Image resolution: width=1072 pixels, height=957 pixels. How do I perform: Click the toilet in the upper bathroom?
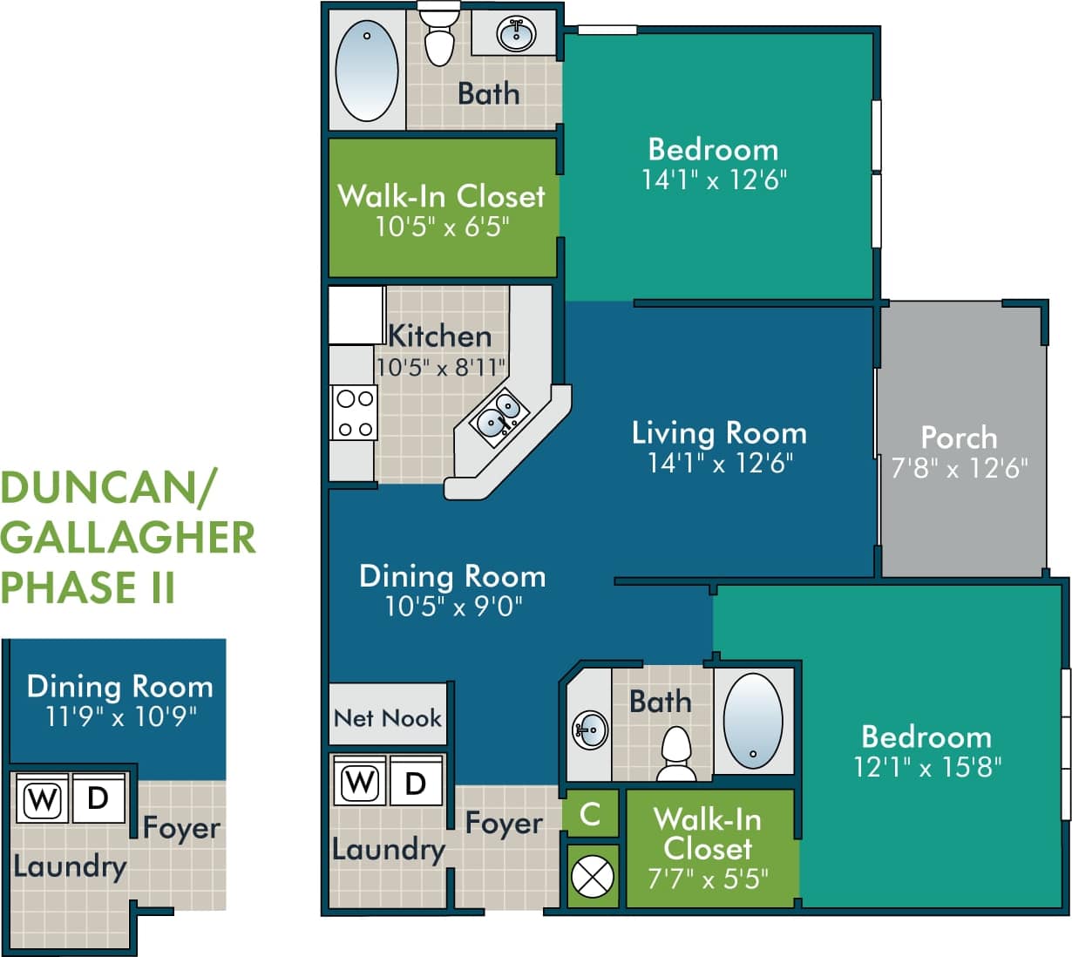pyautogui.click(x=438, y=35)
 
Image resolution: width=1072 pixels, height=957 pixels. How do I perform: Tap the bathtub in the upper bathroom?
pyautogui.click(x=367, y=70)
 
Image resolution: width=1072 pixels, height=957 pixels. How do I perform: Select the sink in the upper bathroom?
pyautogui.click(x=515, y=34)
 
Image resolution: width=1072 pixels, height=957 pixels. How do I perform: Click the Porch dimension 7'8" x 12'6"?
pyautogui.click(x=959, y=469)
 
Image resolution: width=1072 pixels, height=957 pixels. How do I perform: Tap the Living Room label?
pyautogui.click(x=719, y=432)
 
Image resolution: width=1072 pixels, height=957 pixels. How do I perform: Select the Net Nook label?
pyautogui.click(x=388, y=717)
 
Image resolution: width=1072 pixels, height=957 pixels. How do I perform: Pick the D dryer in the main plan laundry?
pyautogui.click(x=416, y=783)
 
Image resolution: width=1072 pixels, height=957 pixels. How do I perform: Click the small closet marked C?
pyautogui.click(x=591, y=814)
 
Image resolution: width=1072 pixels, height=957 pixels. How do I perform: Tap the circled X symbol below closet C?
pyautogui.click(x=592, y=877)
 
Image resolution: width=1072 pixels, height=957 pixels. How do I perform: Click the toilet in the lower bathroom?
pyautogui.click(x=676, y=755)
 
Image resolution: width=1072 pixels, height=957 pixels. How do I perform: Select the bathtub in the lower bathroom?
pyautogui.click(x=753, y=720)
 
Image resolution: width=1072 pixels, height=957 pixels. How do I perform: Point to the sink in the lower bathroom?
pyautogui.click(x=590, y=729)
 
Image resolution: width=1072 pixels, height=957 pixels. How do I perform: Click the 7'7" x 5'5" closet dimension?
pyautogui.click(x=708, y=878)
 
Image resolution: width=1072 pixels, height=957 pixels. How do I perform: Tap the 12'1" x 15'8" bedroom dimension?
pyautogui.click(x=927, y=767)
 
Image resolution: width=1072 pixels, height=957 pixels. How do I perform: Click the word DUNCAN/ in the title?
pyautogui.click(x=108, y=488)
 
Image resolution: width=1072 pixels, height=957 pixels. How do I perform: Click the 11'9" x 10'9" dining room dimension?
pyautogui.click(x=120, y=716)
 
